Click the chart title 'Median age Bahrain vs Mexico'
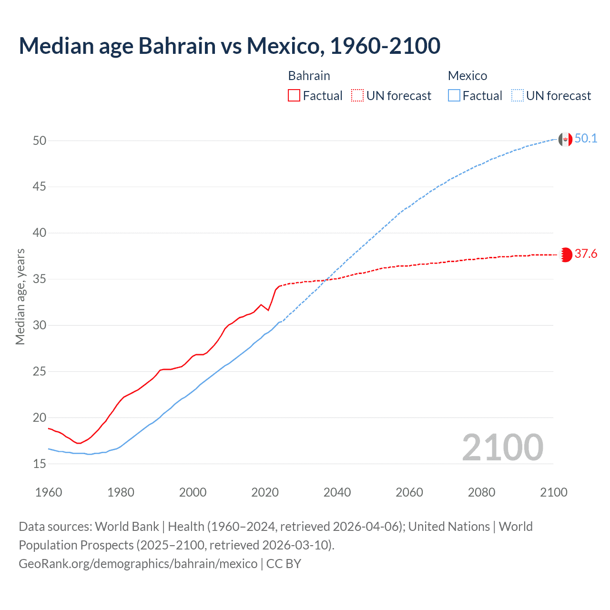pyautogui.click(x=229, y=46)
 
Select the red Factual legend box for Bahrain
pyautogui.click(x=294, y=96)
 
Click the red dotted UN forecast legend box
pyautogui.click(x=357, y=96)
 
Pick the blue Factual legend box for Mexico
pyautogui.click(x=454, y=96)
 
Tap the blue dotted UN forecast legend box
pyautogui.click(x=518, y=96)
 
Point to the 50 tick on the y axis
pyautogui.click(x=40, y=141)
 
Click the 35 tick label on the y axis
pyautogui.click(x=40, y=279)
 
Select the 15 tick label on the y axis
pyautogui.click(x=40, y=464)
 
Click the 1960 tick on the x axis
pyautogui.click(x=49, y=492)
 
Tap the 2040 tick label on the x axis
pyautogui.click(x=337, y=492)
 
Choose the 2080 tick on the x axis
pyautogui.click(x=481, y=492)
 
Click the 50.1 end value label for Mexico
pyautogui.click(x=586, y=139)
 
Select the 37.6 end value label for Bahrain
pyautogui.click(x=586, y=254)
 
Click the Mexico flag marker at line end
pyautogui.click(x=565, y=140)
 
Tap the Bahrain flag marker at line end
pyautogui.click(x=566, y=255)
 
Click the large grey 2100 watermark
pyautogui.click(x=502, y=447)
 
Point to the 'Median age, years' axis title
pyautogui.click(x=20, y=296)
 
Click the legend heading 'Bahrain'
pyautogui.click(x=309, y=76)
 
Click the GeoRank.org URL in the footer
pyautogui.click(x=138, y=563)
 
